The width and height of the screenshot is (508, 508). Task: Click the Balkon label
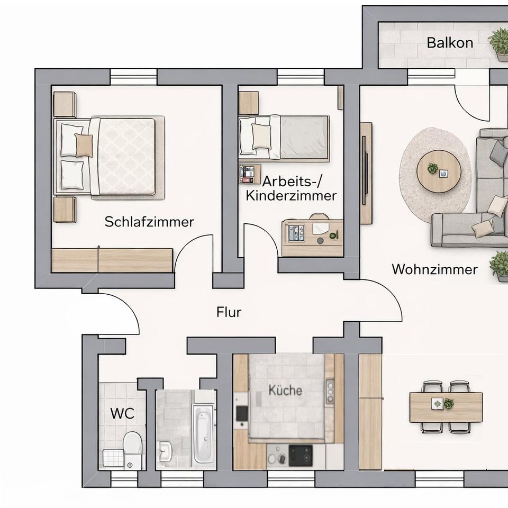(450, 43)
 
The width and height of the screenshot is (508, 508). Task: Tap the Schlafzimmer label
(149, 222)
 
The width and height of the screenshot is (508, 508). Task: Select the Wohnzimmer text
(435, 269)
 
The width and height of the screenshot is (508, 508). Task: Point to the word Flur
(229, 312)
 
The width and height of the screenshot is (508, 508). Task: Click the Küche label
(285, 391)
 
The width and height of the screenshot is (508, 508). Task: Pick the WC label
(122, 413)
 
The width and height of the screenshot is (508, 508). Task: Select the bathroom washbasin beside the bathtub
(165, 451)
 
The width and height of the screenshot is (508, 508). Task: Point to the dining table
(446, 407)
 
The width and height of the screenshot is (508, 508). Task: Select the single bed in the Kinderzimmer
(284, 138)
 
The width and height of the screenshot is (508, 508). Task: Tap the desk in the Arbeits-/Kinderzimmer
(313, 238)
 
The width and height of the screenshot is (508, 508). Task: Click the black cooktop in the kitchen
(301, 456)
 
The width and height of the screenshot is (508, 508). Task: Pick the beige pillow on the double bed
(84, 146)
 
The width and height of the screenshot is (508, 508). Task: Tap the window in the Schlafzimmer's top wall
(133, 77)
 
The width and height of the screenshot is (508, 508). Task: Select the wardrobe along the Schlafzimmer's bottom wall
(112, 260)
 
